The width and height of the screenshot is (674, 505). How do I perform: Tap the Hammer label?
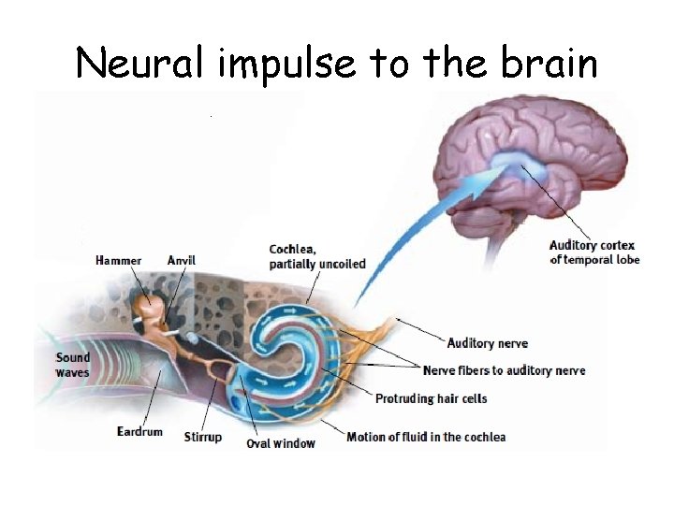pyautogui.click(x=119, y=260)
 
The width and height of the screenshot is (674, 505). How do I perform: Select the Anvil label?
pyautogui.click(x=182, y=260)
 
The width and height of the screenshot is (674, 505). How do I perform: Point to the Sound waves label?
pyautogui.click(x=73, y=365)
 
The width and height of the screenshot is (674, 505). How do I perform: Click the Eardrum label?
pyautogui.click(x=139, y=431)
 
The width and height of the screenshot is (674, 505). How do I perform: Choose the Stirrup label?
pyautogui.click(x=203, y=437)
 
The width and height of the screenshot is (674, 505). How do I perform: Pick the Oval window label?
pyautogui.click(x=281, y=443)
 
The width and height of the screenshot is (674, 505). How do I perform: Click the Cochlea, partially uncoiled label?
pyautogui.click(x=317, y=256)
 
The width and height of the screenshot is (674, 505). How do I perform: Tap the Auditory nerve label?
pyautogui.click(x=487, y=343)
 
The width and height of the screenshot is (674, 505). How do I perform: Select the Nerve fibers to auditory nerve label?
pyautogui.click(x=504, y=370)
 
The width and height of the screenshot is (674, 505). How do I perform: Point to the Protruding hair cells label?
pyautogui.click(x=431, y=398)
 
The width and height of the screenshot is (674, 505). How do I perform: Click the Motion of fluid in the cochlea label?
pyautogui.click(x=426, y=437)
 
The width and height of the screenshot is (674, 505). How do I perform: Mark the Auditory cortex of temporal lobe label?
pyautogui.click(x=593, y=252)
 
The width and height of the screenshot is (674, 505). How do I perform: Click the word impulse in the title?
pyautogui.click(x=283, y=63)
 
